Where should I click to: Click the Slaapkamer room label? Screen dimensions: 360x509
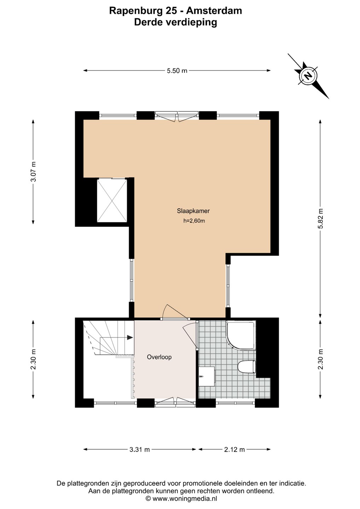193,211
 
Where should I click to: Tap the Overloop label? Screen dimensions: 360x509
159,357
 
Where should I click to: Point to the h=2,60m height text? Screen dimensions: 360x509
194,221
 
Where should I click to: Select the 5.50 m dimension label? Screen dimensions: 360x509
177,71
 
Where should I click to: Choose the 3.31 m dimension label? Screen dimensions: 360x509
140,450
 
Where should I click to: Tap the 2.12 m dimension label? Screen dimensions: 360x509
234,450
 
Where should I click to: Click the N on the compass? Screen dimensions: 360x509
308,76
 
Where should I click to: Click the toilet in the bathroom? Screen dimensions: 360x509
247,367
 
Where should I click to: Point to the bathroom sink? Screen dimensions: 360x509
207,376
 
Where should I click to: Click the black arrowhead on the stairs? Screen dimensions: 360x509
130,338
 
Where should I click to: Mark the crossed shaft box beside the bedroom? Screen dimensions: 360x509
112,200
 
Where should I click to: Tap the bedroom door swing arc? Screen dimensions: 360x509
176,311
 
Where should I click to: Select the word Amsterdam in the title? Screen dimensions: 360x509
214,11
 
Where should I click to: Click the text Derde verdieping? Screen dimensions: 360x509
175,23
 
